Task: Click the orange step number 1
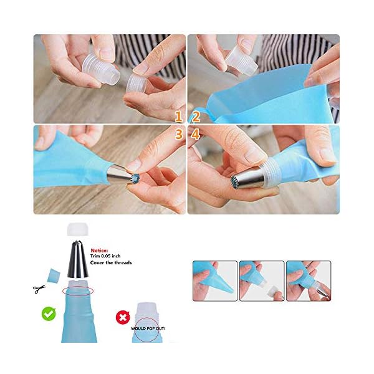(178, 117)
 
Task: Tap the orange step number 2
(195, 117)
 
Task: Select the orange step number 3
(178, 133)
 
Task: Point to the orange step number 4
(195, 133)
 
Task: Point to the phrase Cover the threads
(111, 262)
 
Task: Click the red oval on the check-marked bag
(79, 290)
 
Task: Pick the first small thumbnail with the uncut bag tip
(214, 281)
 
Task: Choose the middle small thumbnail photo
(261, 281)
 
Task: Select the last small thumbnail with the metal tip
(307, 281)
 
